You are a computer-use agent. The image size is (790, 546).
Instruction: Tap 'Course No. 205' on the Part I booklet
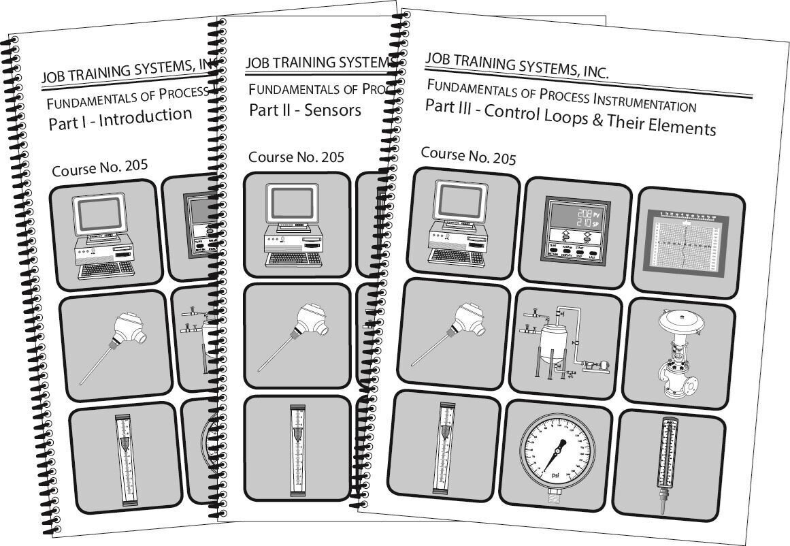[x=99, y=167]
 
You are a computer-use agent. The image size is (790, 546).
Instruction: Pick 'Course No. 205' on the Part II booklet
[x=296, y=157]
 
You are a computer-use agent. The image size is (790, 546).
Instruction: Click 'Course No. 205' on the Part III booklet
[x=468, y=156]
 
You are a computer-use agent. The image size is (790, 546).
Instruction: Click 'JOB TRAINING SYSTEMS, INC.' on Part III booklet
[x=517, y=65]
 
